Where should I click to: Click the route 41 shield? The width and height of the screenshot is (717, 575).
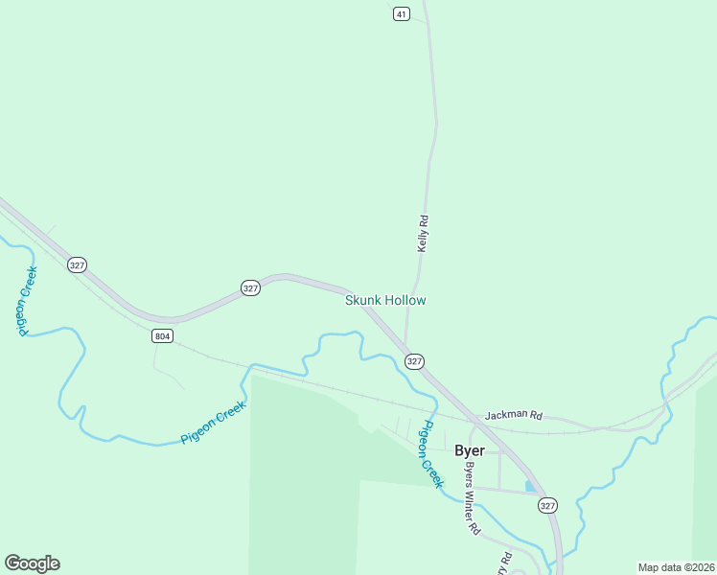[x=402, y=13]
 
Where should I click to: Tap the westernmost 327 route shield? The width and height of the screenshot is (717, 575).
[x=78, y=264]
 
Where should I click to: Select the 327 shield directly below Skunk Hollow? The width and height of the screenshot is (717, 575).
[x=414, y=360]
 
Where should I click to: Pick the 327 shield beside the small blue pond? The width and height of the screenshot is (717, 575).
[x=547, y=505]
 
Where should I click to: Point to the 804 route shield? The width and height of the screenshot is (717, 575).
[x=162, y=336]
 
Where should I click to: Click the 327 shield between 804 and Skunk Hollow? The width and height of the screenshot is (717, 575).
[x=249, y=287]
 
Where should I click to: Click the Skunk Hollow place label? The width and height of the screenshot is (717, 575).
[x=385, y=300]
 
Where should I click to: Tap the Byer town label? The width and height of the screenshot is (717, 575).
[x=470, y=450]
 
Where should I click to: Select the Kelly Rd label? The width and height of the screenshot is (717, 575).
[x=422, y=233]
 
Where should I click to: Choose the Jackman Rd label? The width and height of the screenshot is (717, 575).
[x=514, y=416]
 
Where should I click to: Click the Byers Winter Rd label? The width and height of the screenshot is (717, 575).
[x=472, y=499]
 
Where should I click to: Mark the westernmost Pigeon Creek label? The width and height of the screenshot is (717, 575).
[x=26, y=301]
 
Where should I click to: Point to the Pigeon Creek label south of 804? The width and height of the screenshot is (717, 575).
[x=214, y=422]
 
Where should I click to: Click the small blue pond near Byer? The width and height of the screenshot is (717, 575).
[x=530, y=486]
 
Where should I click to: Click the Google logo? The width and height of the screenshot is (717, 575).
[x=32, y=563]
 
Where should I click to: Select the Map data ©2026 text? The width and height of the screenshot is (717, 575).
[x=676, y=567]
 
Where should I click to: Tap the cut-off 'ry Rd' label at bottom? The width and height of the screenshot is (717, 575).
[x=505, y=560]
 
